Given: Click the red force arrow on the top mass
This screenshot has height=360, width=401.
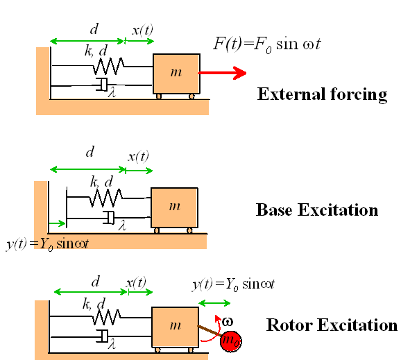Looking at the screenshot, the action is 222,73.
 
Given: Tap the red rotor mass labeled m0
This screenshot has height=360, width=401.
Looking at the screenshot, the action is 230,341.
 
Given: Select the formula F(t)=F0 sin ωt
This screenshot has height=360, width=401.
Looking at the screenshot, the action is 267,45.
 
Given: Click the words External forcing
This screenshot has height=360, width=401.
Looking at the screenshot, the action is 322,94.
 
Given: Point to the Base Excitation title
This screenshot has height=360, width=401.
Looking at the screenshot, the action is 317,210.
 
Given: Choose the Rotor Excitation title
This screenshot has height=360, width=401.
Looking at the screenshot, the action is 332,325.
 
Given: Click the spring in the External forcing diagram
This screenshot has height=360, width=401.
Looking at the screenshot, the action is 108,66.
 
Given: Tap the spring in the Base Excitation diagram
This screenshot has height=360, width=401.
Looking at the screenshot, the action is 106,198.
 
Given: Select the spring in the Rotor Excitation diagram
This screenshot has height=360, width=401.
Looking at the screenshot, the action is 106,317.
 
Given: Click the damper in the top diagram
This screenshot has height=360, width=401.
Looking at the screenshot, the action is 102,85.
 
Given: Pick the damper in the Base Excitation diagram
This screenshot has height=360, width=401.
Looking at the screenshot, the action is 109,218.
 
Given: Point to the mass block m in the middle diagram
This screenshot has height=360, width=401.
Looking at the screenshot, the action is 174,207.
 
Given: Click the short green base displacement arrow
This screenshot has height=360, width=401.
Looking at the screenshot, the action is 57,223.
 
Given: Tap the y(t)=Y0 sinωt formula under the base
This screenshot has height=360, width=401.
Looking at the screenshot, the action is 47,244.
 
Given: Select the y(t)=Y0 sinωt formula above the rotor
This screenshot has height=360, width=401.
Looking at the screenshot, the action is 234,284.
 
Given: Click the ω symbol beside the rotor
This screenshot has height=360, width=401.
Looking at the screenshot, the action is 228,322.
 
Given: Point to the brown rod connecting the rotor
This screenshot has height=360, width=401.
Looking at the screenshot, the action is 210,330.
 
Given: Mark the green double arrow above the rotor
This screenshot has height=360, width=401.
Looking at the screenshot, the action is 214,304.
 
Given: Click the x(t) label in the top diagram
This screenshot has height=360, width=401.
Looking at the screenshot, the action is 142,31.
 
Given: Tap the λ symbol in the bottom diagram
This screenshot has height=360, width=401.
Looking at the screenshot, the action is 112,345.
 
